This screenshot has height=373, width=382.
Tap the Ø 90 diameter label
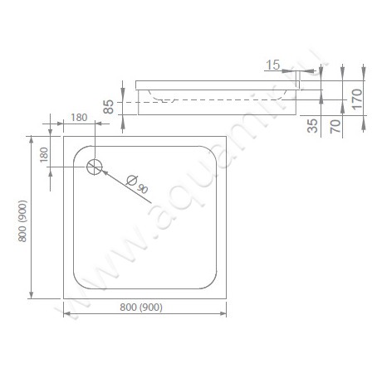pos(139,185)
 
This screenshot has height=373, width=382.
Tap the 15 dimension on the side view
pos(272,63)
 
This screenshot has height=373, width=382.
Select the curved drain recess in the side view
pos(166,96)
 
